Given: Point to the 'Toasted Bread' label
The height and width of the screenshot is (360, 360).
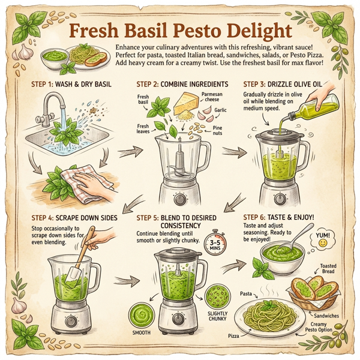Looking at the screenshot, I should coord(331,268).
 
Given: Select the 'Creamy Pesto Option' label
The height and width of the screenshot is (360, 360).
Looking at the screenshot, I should coord(331,328).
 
